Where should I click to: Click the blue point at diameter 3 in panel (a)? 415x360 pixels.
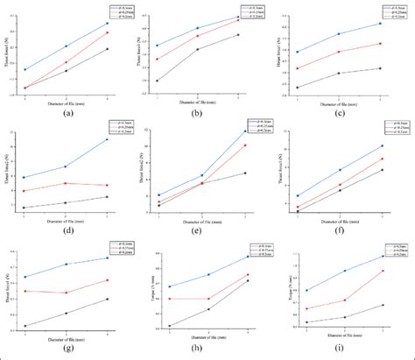tap(108, 24)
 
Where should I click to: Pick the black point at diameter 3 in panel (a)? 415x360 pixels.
tap(108, 49)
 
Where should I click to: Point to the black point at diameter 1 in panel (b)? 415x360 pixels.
tap(157, 81)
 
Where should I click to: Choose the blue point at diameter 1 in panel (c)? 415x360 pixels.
tap(298, 53)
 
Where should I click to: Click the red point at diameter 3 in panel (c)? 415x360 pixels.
tap(380, 43)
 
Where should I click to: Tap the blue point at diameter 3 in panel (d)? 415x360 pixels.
tap(108, 139)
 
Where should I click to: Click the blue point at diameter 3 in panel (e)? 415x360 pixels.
tap(245, 131)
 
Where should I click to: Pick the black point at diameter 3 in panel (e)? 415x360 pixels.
tap(245, 173)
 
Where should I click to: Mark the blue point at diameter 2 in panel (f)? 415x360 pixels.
tap(339, 170)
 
